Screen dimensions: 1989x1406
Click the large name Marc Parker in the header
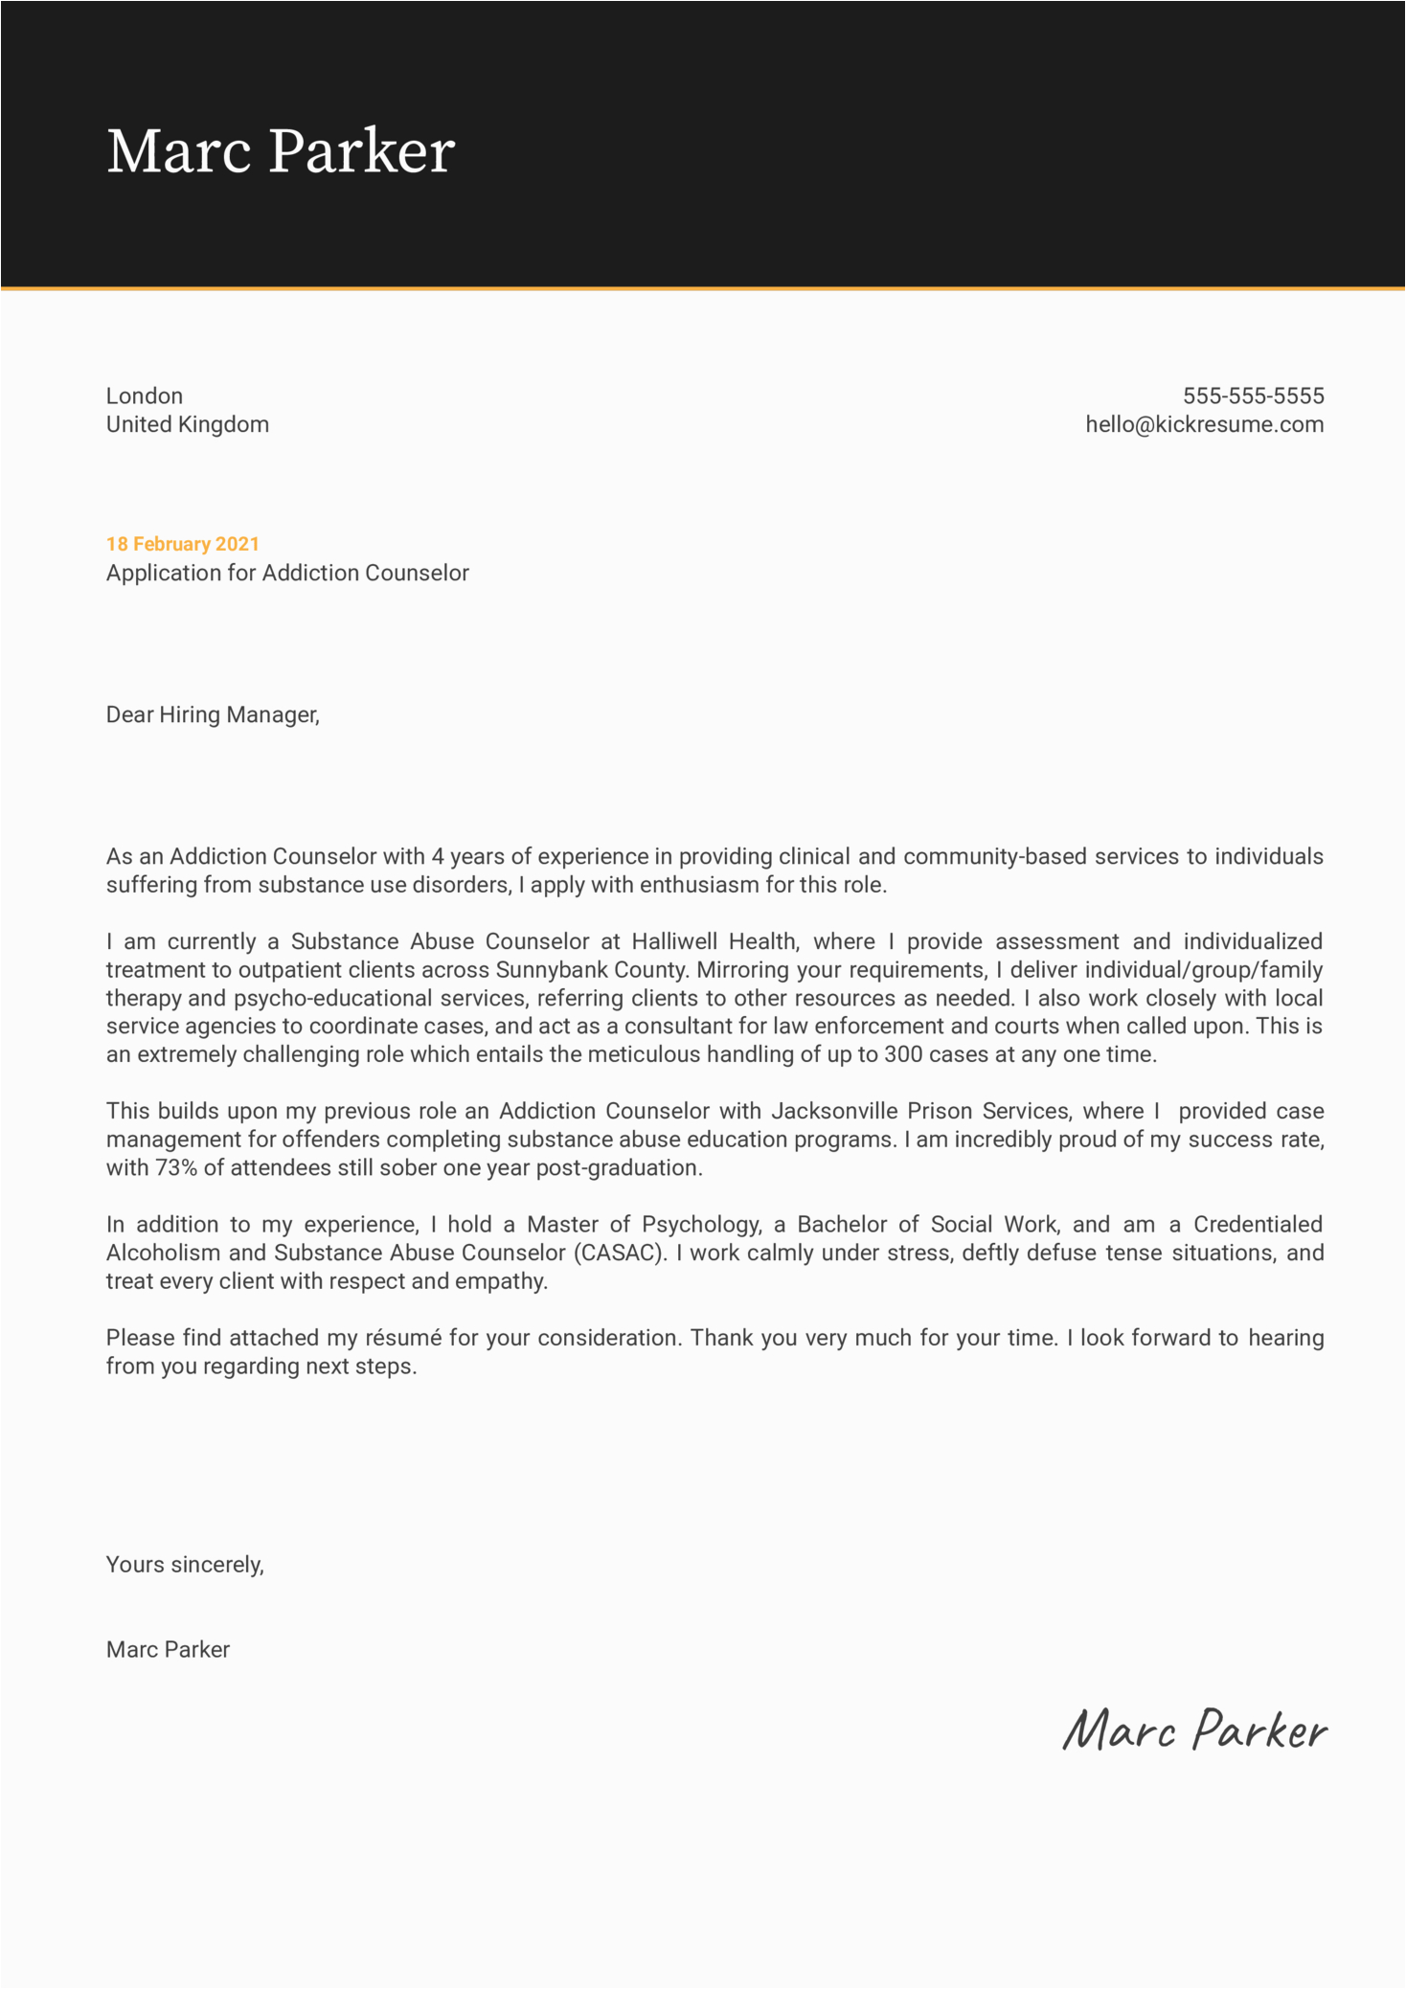click(280, 151)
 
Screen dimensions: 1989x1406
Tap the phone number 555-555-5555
click(1253, 396)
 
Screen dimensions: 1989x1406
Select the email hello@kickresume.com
click(1204, 424)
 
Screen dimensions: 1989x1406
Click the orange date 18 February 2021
click(183, 544)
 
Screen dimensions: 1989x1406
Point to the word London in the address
click(145, 396)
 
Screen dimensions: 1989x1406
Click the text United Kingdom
click(188, 424)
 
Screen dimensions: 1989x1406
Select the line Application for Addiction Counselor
click(287, 573)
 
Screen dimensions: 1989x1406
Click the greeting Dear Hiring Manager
click(213, 714)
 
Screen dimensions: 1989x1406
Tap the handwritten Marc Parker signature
click(1194, 1730)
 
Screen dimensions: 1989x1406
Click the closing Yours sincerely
click(185, 1564)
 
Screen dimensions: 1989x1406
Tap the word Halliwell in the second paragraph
click(677, 941)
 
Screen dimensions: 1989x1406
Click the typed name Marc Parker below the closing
click(168, 1649)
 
